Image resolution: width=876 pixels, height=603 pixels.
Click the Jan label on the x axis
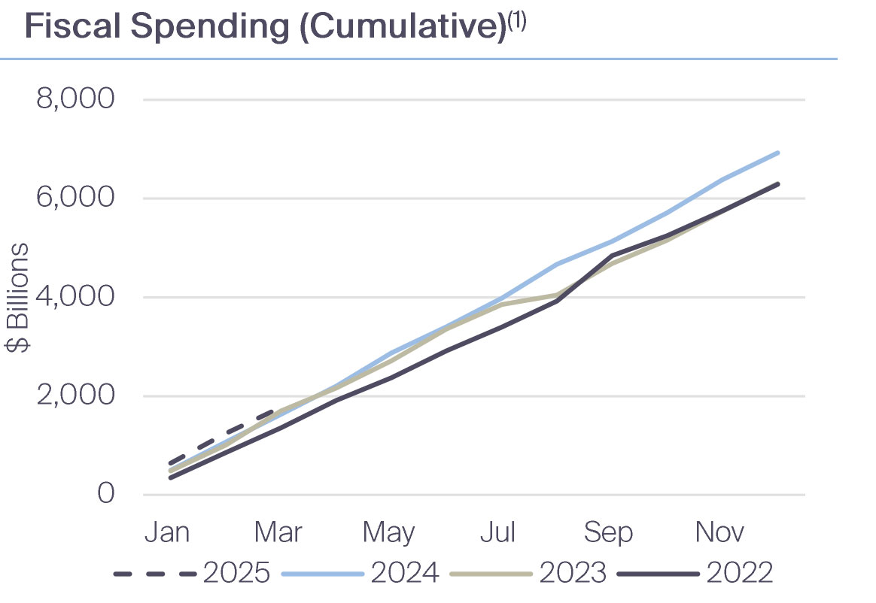coord(166,532)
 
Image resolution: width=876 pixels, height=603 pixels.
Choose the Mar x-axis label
coord(277,532)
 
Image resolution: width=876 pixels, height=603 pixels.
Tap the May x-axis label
coord(388,532)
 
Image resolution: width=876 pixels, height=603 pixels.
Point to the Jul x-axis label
coord(497,532)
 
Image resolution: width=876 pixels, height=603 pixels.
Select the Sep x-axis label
coord(608,532)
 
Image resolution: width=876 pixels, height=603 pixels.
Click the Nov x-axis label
coord(719,532)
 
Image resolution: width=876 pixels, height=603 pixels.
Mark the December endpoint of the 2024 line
coord(778,153)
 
